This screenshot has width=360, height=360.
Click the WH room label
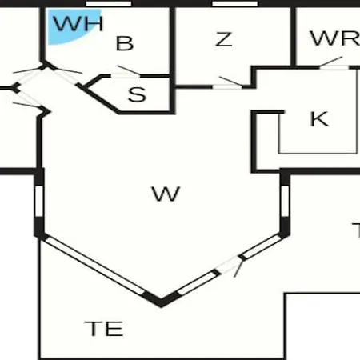coord(78,23)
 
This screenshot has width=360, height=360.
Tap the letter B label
coord(125,43)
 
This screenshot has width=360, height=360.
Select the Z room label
coord(223,39)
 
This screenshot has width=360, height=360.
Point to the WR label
coord(335,38)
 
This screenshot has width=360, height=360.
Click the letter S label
coord(137,94)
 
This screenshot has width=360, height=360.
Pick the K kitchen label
coord(319,118)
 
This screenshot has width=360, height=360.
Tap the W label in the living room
coord(166,194)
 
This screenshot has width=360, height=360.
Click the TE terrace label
coord(104,329)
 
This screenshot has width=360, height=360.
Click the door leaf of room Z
coord(230,81)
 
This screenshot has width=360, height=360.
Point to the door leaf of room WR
coord(331,62)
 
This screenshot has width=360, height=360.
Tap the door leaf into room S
coord(129,70)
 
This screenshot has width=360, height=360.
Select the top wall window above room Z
coord(234,4)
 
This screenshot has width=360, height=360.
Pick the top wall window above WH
coord(108,4)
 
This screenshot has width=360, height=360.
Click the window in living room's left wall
coord(39,201)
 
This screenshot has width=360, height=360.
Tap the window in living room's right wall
coord(285,201)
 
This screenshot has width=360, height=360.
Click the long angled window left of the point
coord(94,266)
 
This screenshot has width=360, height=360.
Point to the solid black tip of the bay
coord(161,301)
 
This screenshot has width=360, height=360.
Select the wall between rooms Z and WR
coord(293,36)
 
